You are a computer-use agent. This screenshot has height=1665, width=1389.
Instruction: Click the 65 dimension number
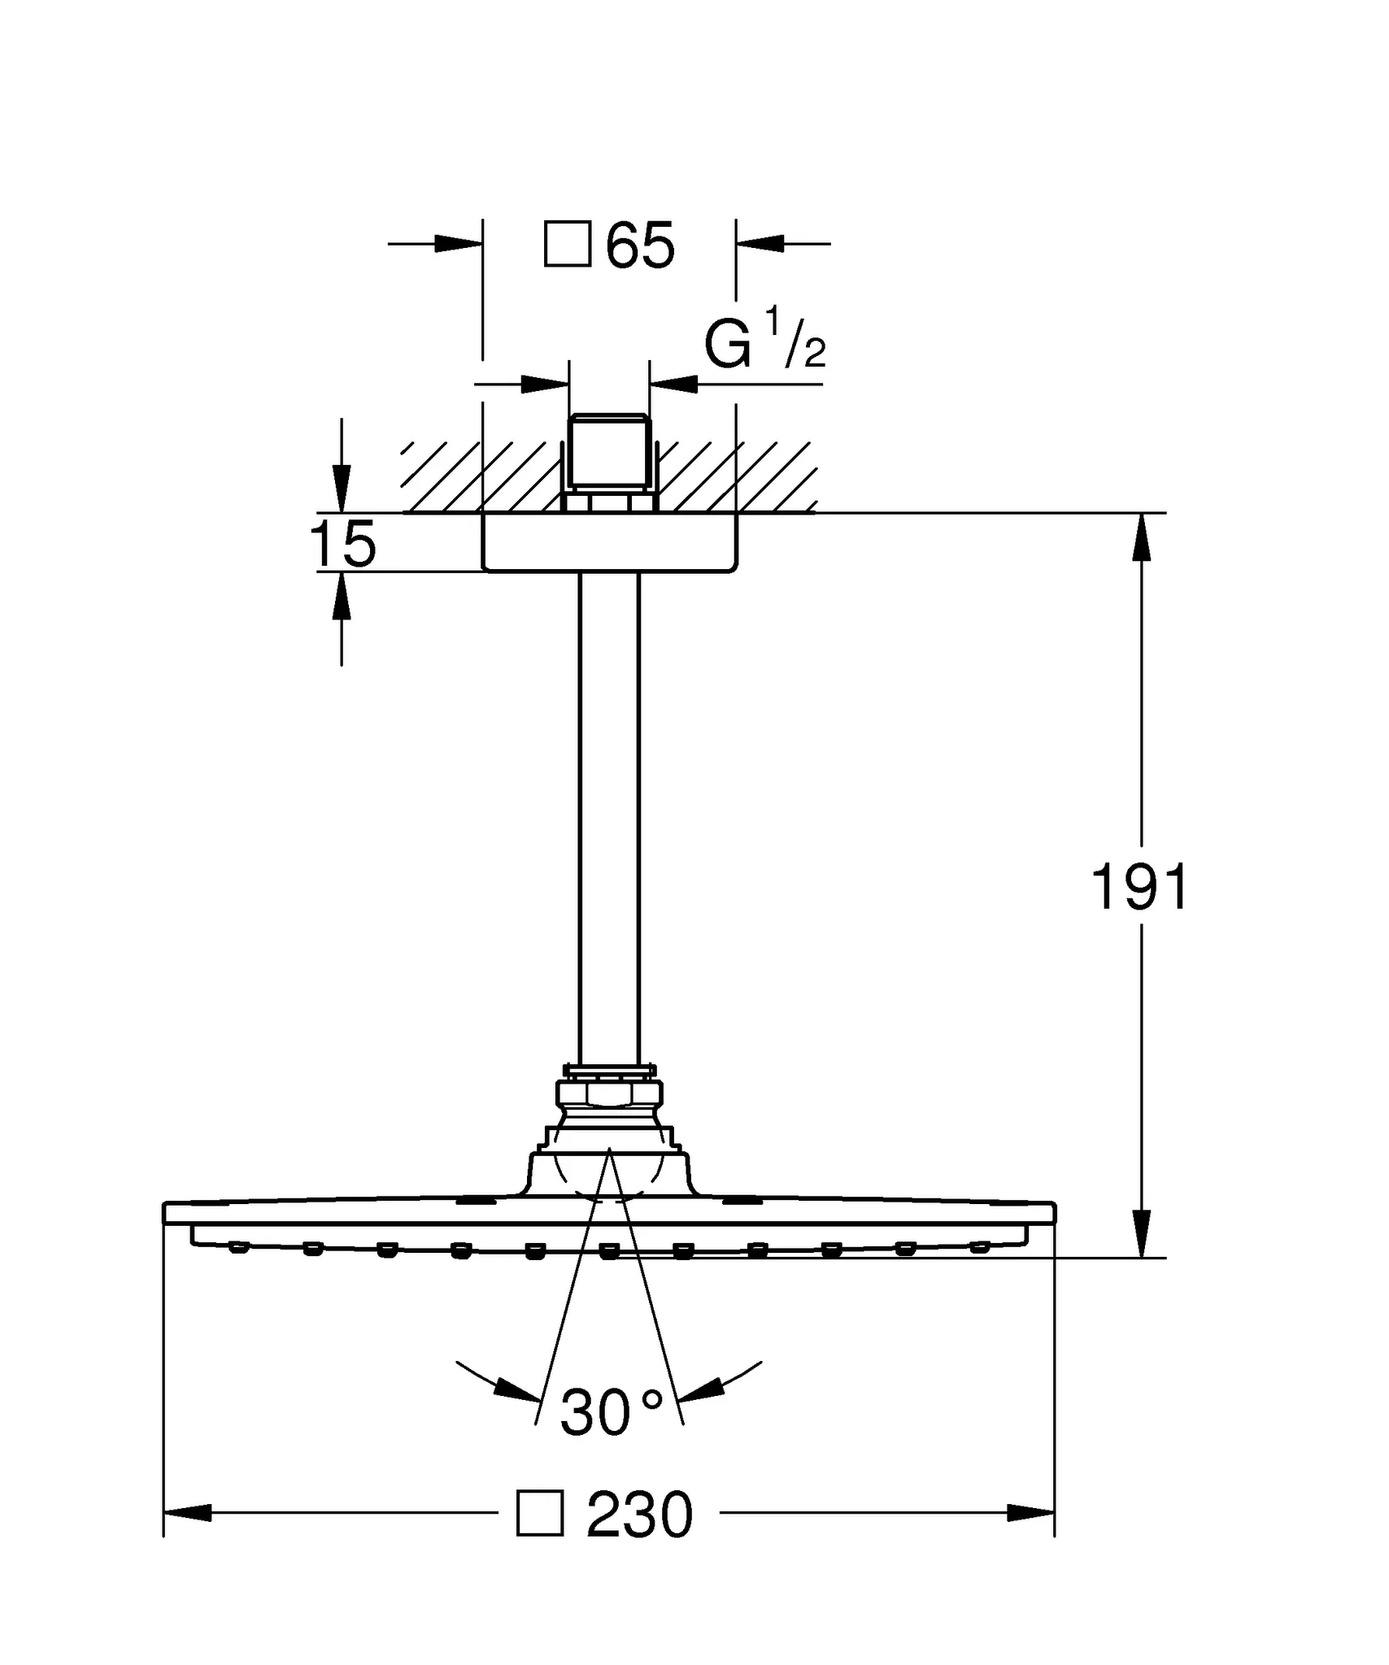(x=641, y=245)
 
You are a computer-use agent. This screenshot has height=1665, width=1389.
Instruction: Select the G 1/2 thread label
(x=765, y=341)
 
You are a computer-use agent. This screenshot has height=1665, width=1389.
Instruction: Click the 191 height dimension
(x=1139, y=887)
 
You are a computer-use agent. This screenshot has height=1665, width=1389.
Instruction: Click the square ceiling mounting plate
(x=610, y=542)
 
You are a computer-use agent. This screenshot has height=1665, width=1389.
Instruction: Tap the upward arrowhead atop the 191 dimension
(x=1142, y=537)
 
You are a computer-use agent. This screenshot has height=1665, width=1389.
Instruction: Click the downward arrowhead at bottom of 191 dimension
(x=1142, y=1234)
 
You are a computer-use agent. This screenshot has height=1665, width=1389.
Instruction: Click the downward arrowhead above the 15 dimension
(x=342, y=489)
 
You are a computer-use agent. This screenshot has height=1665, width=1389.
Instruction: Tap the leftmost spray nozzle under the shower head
(x=238, y=1246)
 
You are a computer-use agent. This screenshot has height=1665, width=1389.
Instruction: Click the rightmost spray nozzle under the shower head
(x=980, y=1246)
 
